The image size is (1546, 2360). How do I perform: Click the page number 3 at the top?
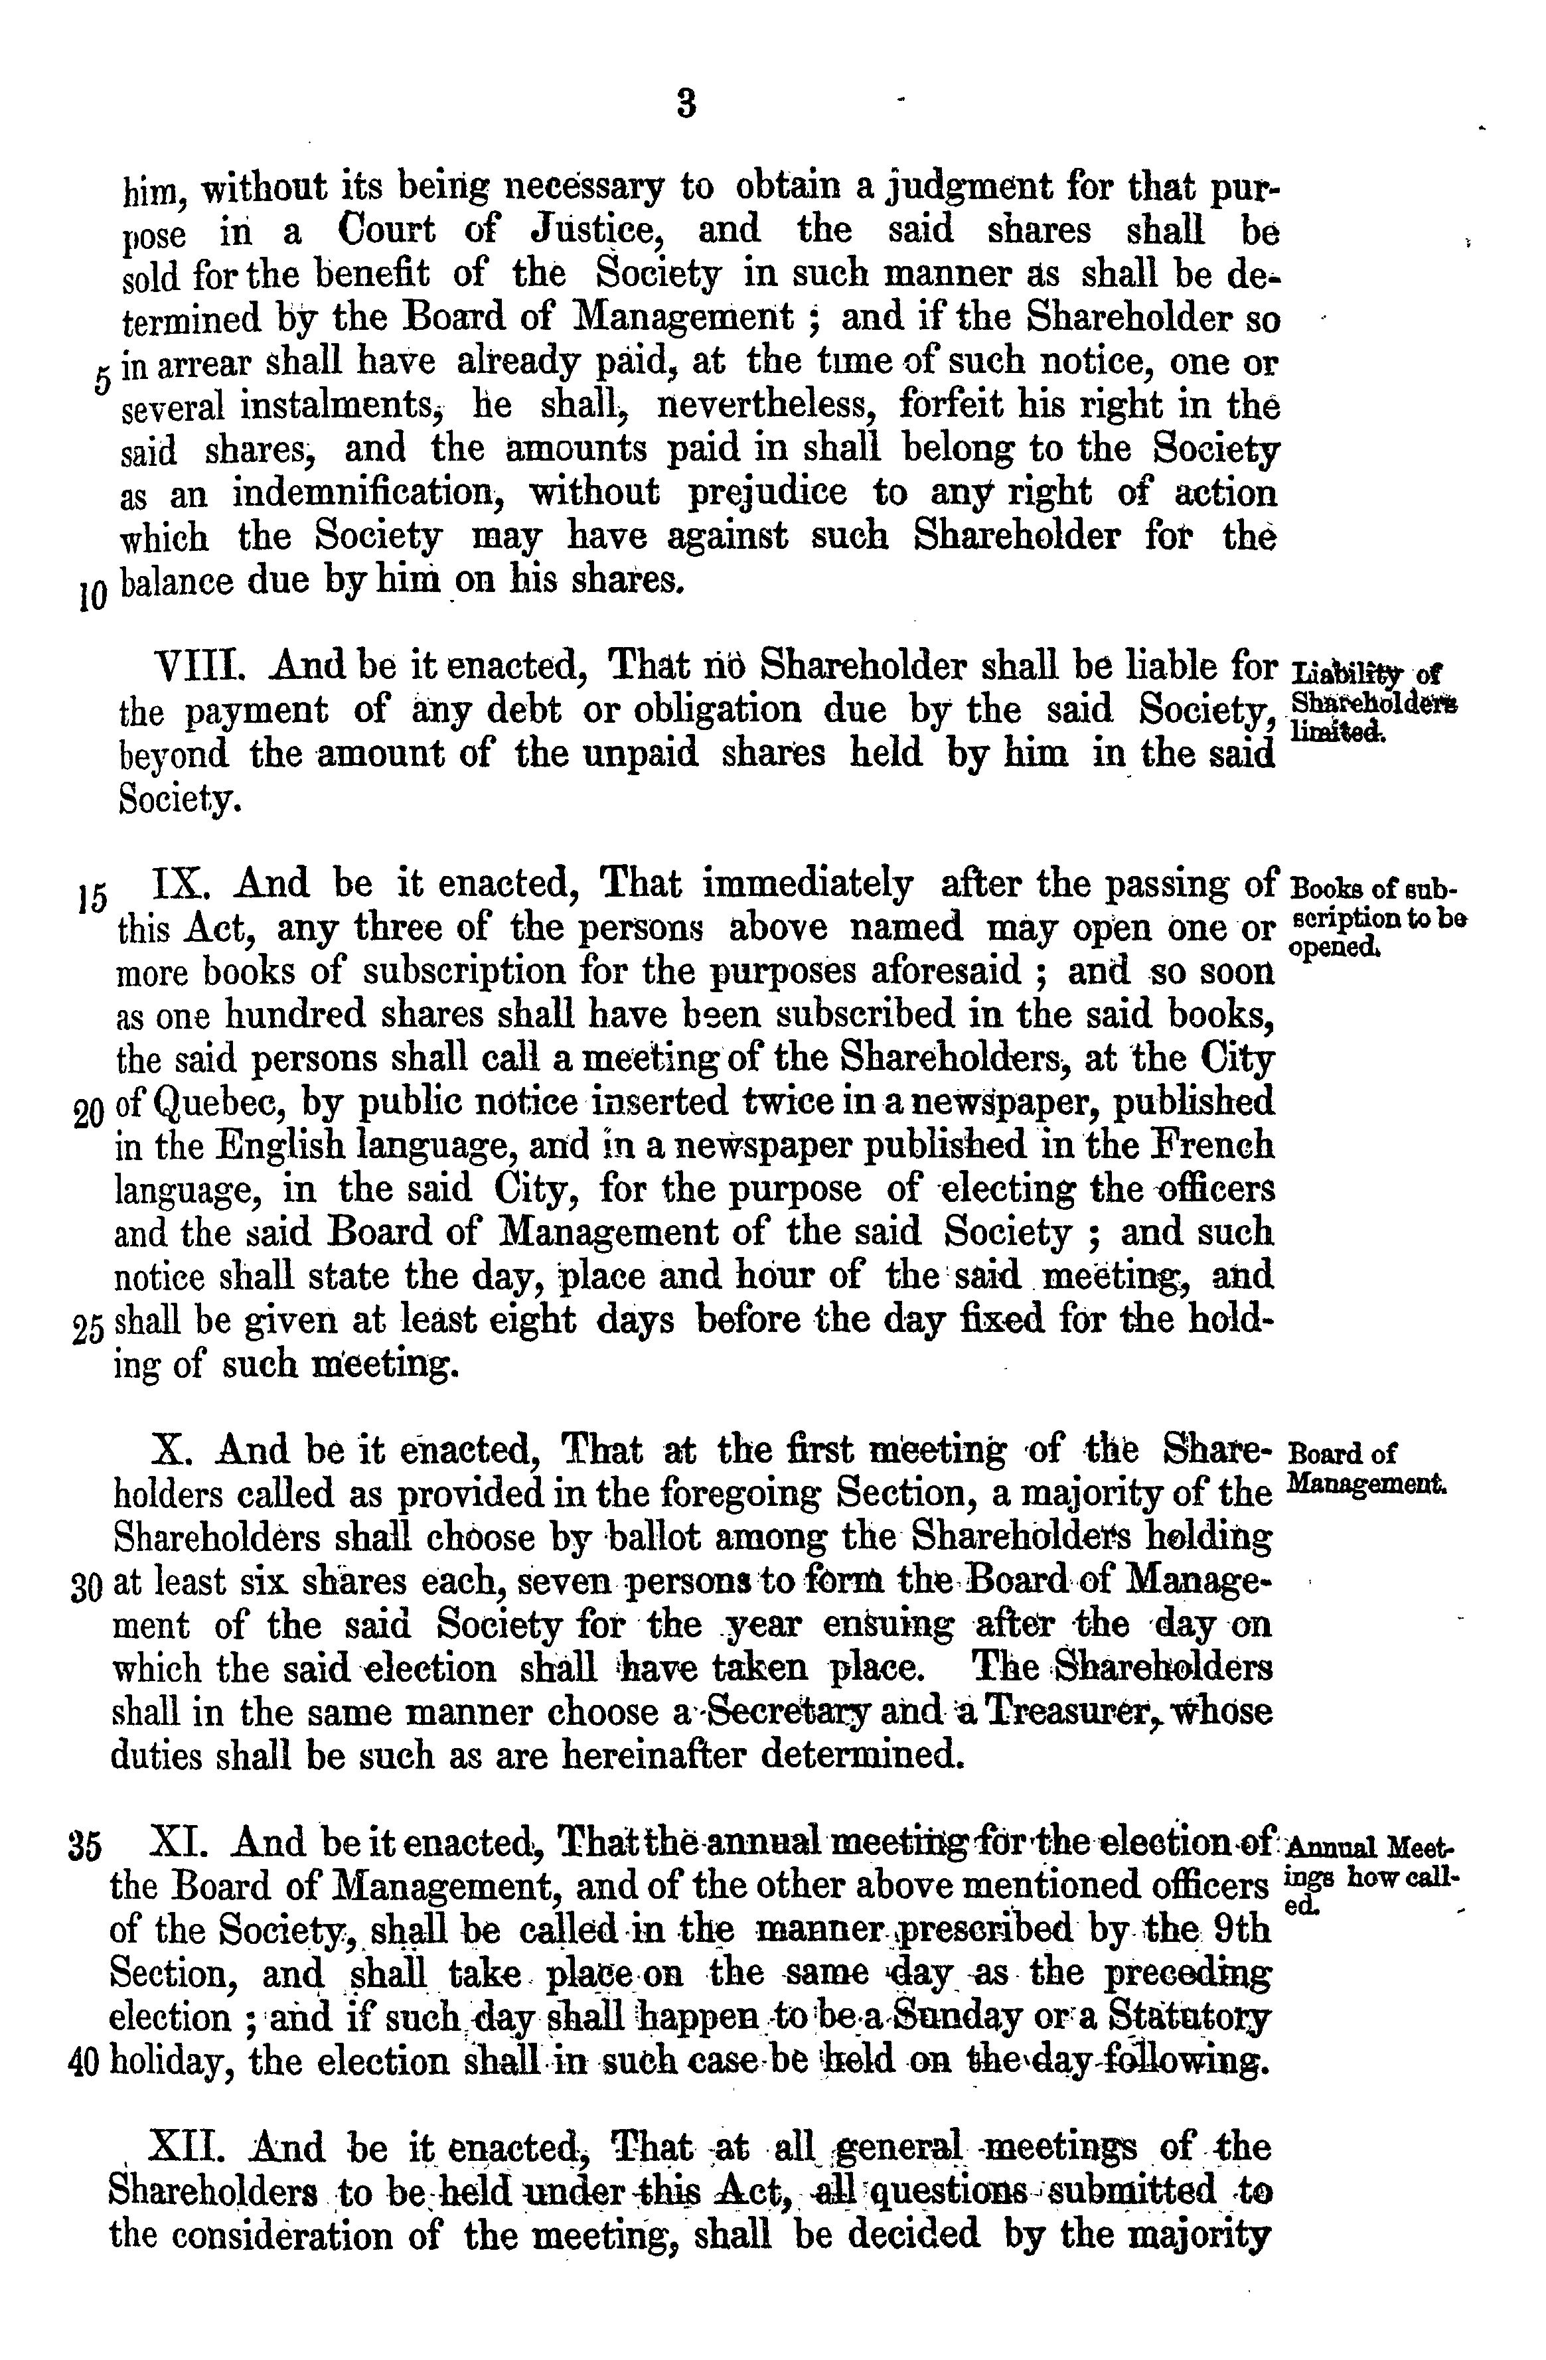[685, 103]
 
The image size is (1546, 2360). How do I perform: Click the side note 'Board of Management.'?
[1365, 1469]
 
